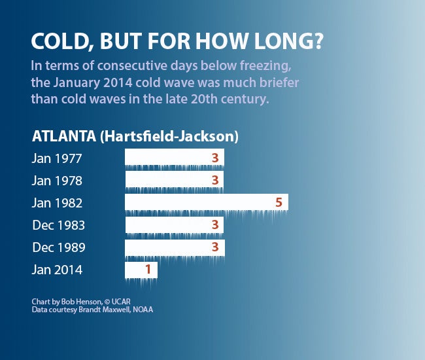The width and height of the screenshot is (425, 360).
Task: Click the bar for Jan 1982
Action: pos(206,202)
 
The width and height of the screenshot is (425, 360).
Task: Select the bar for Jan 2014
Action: pos(141,270)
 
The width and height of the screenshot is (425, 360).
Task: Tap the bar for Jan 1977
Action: pos(174,158)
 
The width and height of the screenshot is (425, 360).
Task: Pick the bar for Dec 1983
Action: pos(174,225)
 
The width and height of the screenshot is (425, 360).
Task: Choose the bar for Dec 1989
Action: pos(174,247)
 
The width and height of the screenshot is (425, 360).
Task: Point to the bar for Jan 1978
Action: pos(174,180)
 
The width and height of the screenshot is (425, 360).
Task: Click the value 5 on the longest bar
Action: pos(279,202)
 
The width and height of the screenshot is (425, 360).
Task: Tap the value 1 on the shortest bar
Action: pos(148,270)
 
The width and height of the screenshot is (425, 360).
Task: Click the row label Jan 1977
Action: pos(57,158)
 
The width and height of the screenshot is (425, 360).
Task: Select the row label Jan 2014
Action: pos(57,270)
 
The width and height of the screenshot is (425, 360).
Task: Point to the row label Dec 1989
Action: pos(58,248)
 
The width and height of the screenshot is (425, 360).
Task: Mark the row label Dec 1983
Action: pos(58,225)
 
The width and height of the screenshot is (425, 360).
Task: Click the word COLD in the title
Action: pos(56,43)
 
